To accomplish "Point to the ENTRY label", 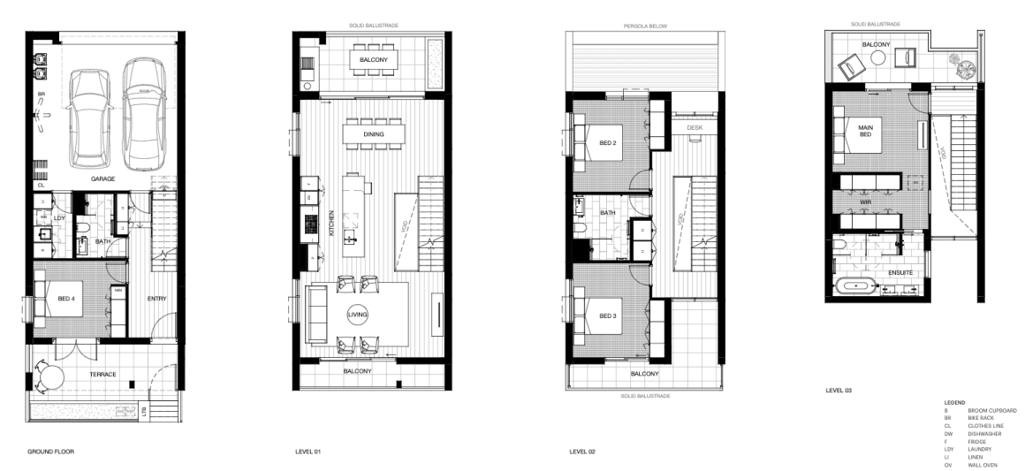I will (x=156, y=299).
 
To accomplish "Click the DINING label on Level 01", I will (x=374, y=134).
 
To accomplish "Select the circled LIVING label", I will (x=358, y=314).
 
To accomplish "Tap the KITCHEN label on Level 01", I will (x=331, y=226).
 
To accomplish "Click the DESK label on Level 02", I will (x=693, y=127).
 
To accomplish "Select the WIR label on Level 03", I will (x=866, y=202).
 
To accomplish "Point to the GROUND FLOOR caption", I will (x=50, y=451).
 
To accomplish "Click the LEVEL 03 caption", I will (x=839, y=389).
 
